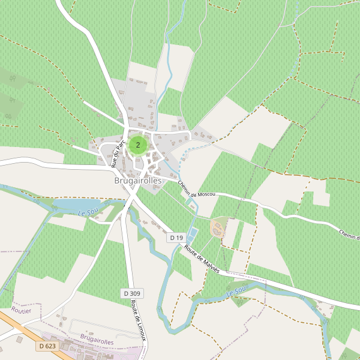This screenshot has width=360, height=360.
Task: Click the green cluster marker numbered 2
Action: tap(138, 145)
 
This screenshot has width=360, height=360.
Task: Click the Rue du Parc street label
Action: tap(118, 152)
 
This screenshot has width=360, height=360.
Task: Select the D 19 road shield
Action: tap(176, 238)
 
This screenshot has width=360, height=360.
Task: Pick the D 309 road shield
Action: tap(132, 293)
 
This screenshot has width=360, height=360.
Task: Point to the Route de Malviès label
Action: tap(202, 259)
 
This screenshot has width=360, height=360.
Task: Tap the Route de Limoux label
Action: tap(138, 320)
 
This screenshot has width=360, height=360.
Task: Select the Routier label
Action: tap(21, 311)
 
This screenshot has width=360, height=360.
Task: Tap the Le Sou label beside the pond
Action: tap(87, 212)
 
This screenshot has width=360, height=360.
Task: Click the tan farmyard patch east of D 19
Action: tap(217, 228)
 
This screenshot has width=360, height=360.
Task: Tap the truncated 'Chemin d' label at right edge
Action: tap(349, 234)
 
